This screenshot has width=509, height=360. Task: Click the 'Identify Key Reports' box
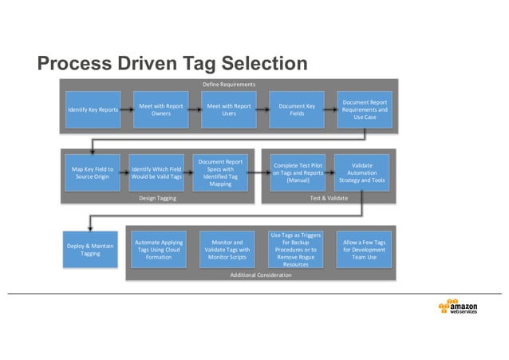93,109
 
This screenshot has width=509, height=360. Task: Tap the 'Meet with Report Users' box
229,109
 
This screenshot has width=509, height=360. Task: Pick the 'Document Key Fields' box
297,109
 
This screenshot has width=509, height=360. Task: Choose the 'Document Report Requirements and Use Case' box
365,109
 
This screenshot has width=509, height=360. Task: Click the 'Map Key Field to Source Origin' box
93,173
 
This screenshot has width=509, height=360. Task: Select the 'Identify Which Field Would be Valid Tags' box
156,173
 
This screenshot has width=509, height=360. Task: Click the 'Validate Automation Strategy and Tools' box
361,173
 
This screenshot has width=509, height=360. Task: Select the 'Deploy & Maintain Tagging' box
90,250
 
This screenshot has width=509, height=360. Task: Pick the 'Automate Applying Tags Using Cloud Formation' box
159,250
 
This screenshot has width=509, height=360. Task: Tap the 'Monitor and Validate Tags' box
228,250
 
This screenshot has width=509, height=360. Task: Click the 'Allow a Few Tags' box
364,250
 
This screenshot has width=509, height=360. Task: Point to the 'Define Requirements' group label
229,84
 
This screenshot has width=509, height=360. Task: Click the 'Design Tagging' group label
157,198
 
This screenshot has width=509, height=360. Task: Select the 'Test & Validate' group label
328,198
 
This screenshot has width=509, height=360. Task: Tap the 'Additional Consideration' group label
261,275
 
